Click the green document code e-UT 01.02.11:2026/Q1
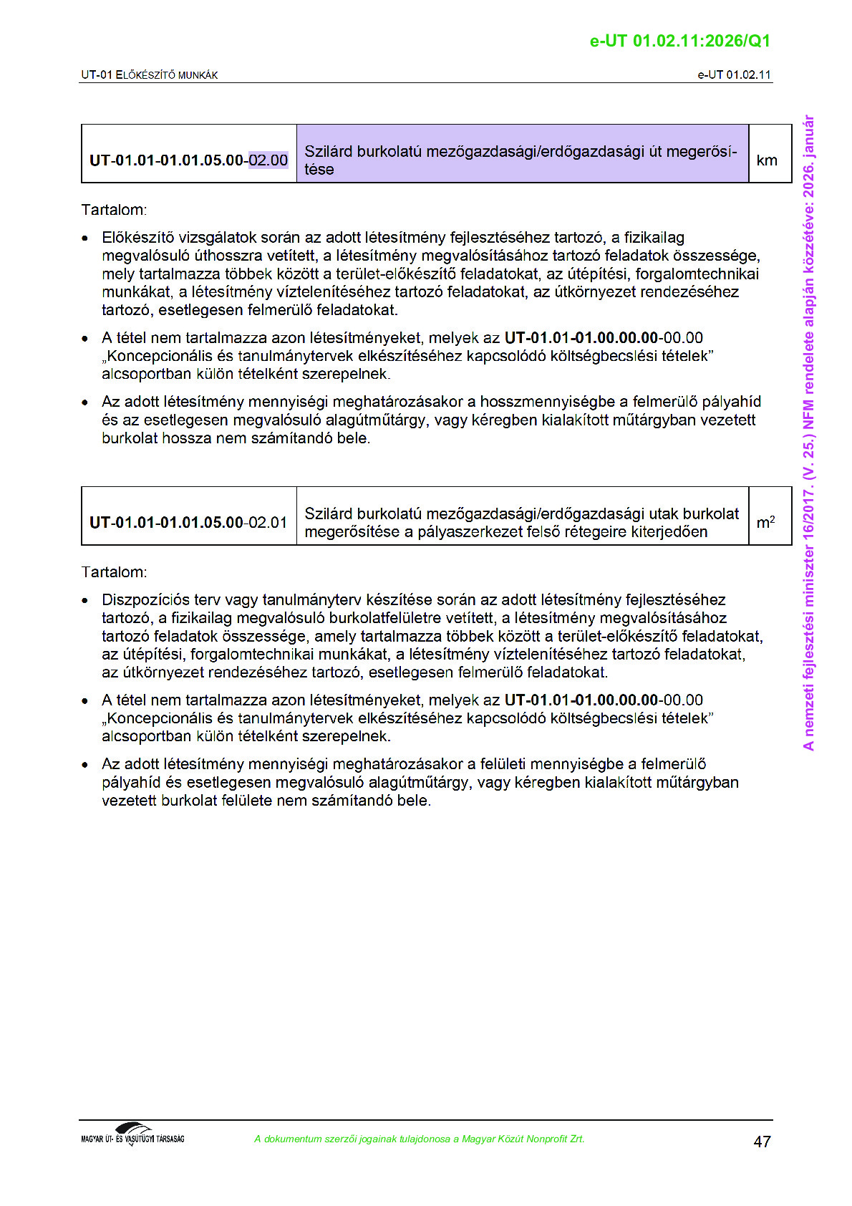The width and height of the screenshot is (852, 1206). point(679,41)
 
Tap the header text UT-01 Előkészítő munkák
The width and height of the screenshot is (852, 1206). point(149,74)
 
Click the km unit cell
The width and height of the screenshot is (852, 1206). point(766,160)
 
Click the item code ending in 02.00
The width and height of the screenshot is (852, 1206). point(188,160)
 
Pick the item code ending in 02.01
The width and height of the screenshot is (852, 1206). point(188,523)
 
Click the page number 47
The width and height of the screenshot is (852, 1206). point(762,1142)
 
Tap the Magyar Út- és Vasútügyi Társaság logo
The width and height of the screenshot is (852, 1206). point(132,1134)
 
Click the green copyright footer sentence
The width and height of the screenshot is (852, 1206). point(419,1139)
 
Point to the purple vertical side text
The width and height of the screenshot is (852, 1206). point(808,433)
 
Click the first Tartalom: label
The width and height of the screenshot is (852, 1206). point(114,210)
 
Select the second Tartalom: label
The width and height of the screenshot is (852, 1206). point(114,572)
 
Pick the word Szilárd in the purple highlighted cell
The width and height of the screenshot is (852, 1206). point(328,152)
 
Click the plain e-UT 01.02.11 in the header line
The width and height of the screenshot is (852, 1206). point(734,74)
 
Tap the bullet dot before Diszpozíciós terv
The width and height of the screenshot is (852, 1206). point(85,601)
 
